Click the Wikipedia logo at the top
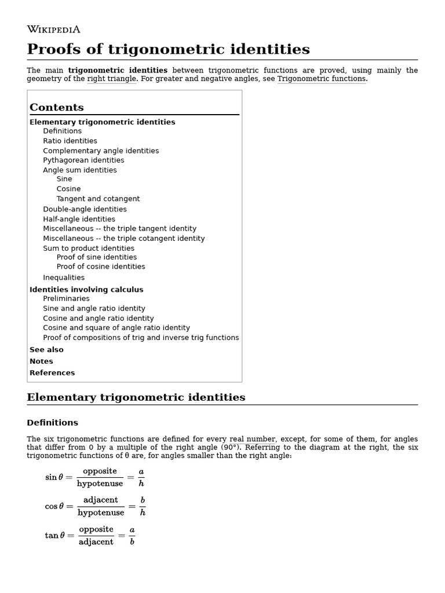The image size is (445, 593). click(53, 29)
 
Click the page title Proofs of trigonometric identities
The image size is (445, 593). click(168, 49)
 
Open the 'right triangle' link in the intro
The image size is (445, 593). click(112, 79)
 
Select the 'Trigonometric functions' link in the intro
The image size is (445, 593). click(321, 79)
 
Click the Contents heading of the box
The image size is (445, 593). click(57, 107)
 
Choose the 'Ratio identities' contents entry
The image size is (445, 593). click(70, 141)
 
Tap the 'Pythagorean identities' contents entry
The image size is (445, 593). click(83, 160)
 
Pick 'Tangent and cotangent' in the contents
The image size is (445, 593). click(98, 199)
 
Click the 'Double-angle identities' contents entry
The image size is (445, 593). click(85, 209)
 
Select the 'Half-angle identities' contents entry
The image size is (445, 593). click(79, 219)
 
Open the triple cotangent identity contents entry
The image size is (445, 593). click(123, 239)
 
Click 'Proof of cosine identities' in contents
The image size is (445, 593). click(101, 267)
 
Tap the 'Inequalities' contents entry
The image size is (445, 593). click(64, 277)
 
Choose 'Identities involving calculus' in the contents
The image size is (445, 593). click(86, 290)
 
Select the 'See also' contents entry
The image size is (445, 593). click(46, 350)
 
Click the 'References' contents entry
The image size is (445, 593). click(52, 373)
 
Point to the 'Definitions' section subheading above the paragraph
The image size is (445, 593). click(52, 423)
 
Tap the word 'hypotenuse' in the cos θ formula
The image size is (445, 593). click(101, 513)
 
